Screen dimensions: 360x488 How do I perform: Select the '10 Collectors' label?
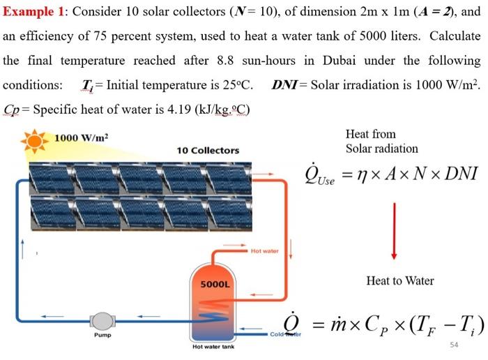208,150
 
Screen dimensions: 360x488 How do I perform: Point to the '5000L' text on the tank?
214,284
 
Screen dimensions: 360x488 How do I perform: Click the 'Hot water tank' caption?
215,347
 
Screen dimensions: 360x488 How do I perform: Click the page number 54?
455,345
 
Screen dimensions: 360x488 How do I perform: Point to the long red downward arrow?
395,230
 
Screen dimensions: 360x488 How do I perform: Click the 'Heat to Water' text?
399,280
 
